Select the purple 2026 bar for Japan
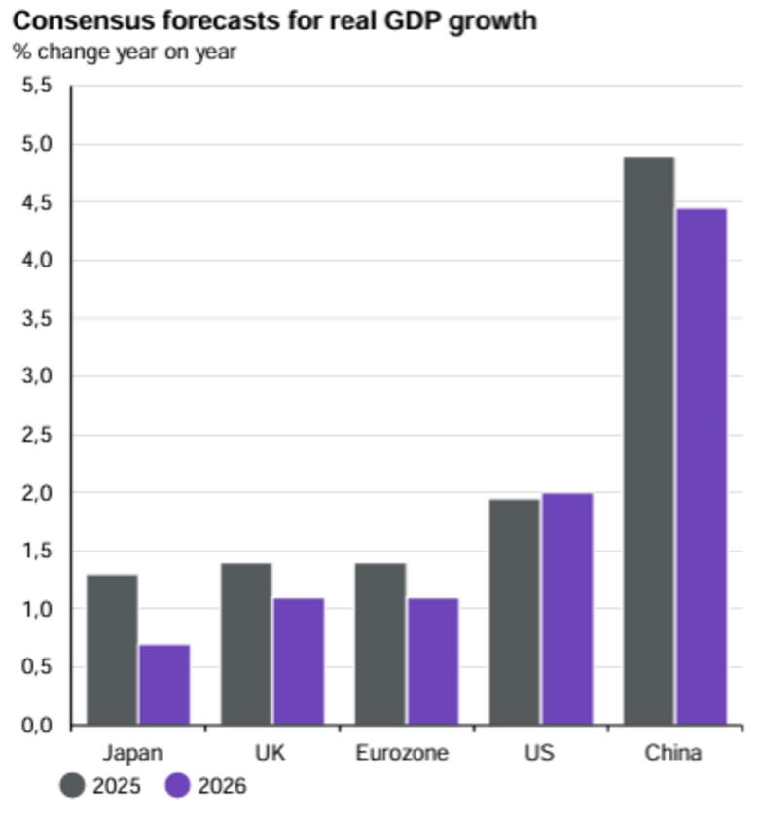click(164, 685)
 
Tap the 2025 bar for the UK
click(246, 644)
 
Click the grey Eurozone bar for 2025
click(380, 644)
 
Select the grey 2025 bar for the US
click(515, 613)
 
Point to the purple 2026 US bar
click(567, 610)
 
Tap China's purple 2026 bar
click(702, 467)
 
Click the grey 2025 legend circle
click(73, 786)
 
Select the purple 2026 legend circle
click(177, 786)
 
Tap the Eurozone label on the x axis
click(402, 754)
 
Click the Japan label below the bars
click(132, 754)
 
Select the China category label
click(672, 754)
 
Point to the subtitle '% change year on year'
click(125, 52)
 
